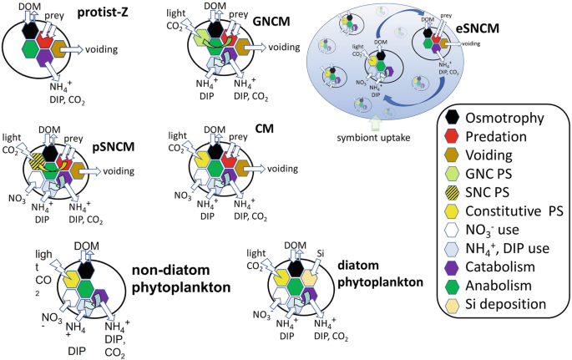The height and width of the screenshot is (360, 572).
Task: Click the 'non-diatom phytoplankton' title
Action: (178, 276)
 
